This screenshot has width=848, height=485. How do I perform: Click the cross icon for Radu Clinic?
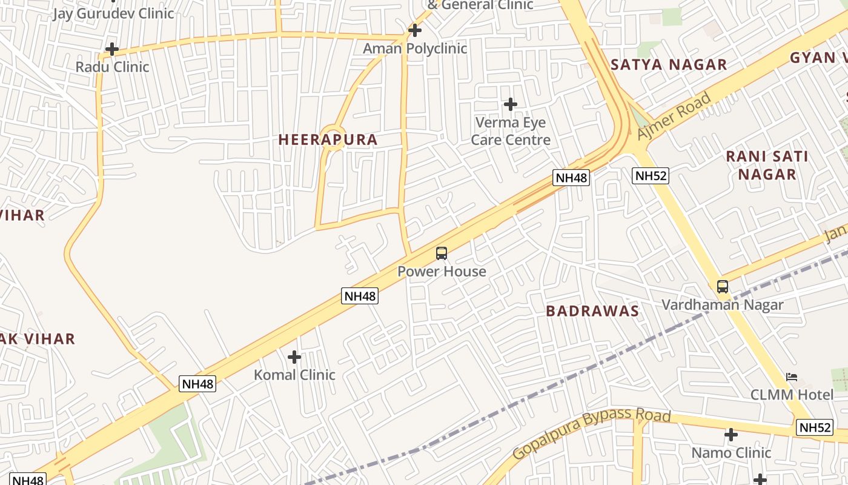click(x=112, y=48)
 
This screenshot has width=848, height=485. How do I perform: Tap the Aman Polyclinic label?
click(x=415, y=48)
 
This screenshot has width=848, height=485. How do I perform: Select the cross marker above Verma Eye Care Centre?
click(x=511, y=104)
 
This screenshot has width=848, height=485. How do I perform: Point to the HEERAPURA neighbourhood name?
click(x=328, y=139)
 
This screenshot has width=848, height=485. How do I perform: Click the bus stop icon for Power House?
click(x=442, y=253)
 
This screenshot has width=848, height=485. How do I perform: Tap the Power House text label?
click(x=442, y=271)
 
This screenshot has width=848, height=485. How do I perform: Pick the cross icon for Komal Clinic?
click(x=294, y=357)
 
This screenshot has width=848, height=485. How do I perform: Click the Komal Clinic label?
click(x=294, y=375)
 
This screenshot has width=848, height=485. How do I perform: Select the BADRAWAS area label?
click(x=592, y=311)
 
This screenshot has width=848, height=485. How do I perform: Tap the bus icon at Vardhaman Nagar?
click(x=722, y=287)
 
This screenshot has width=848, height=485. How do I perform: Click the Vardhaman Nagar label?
click(x=722, y=304)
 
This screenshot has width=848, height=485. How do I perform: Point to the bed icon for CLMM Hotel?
click(x=792, y=377)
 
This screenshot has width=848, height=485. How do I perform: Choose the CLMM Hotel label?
click(x=792, y=395)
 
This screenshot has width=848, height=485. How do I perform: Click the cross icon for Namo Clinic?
click(x=731, y=435)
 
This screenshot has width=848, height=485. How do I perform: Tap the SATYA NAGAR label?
click(x=669, y=65)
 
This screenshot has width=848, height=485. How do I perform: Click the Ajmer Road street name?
click(x=674, y=116)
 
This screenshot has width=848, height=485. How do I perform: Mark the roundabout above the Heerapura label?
click(x=332, y=135)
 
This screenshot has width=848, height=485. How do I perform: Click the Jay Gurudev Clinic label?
click(x=113, y=13)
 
